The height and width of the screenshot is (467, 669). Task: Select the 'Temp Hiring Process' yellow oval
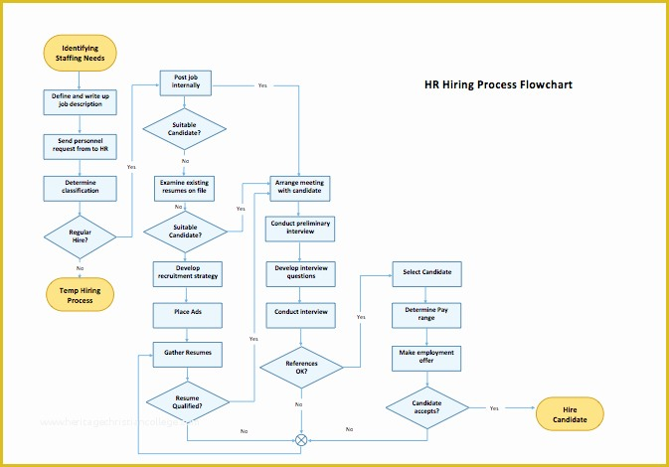point(80,294)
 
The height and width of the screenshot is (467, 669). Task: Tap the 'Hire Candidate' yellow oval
point(570,414)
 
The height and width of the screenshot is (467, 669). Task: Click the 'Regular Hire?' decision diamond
point(80,236)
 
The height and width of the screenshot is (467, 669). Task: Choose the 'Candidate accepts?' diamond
point(425,407)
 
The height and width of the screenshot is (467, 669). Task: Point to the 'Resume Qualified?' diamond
point(187,401)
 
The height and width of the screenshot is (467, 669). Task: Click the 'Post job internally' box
point(186,81)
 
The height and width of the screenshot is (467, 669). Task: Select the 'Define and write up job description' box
point(80,100)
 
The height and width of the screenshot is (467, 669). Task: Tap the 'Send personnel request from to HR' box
point(80,145)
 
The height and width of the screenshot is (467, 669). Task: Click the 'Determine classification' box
point(80,188)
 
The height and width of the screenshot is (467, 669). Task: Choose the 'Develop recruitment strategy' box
point(186,271)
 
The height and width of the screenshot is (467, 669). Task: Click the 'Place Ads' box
point(186,314)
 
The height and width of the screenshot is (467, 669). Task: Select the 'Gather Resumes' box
point(186,353)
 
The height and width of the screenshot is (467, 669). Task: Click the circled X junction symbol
point(301,439)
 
